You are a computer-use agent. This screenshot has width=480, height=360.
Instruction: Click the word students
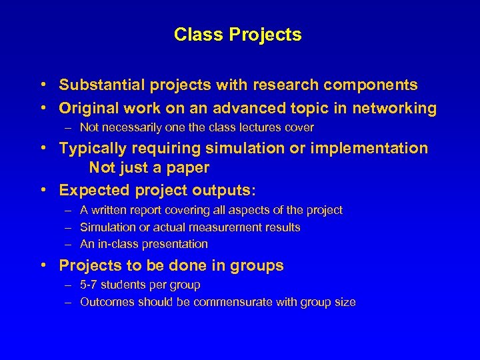(x=124, y=285)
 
